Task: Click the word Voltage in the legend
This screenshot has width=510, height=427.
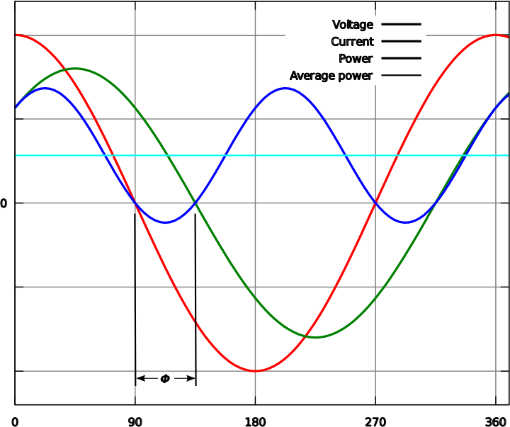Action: [x=352, y=25]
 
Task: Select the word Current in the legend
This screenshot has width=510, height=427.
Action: [x=352, y=42]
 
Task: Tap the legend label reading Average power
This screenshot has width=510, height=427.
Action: [x=331, y=76]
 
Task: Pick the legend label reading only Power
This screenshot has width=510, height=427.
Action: [x=356, y=59]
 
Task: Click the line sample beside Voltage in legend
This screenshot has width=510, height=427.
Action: [x=401, y=25]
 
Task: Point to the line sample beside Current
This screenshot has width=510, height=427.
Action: [x=401, y=42]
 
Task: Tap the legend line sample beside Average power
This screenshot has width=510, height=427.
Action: [x=401, y=76]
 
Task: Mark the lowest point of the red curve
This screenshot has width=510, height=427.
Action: [x=256, y=370]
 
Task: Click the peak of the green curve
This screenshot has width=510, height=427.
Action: [x=74, y=69]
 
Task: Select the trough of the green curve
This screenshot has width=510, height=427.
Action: [x=316, y=337]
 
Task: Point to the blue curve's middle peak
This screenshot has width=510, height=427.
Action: [x=285, y=88]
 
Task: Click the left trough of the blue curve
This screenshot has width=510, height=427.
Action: [x=166, y=222]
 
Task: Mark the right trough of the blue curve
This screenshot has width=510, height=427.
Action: [x=406, y=222]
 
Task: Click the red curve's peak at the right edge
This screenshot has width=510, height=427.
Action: [x=497, y=35]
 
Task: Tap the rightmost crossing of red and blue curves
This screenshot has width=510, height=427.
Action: [x=375, y=203]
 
